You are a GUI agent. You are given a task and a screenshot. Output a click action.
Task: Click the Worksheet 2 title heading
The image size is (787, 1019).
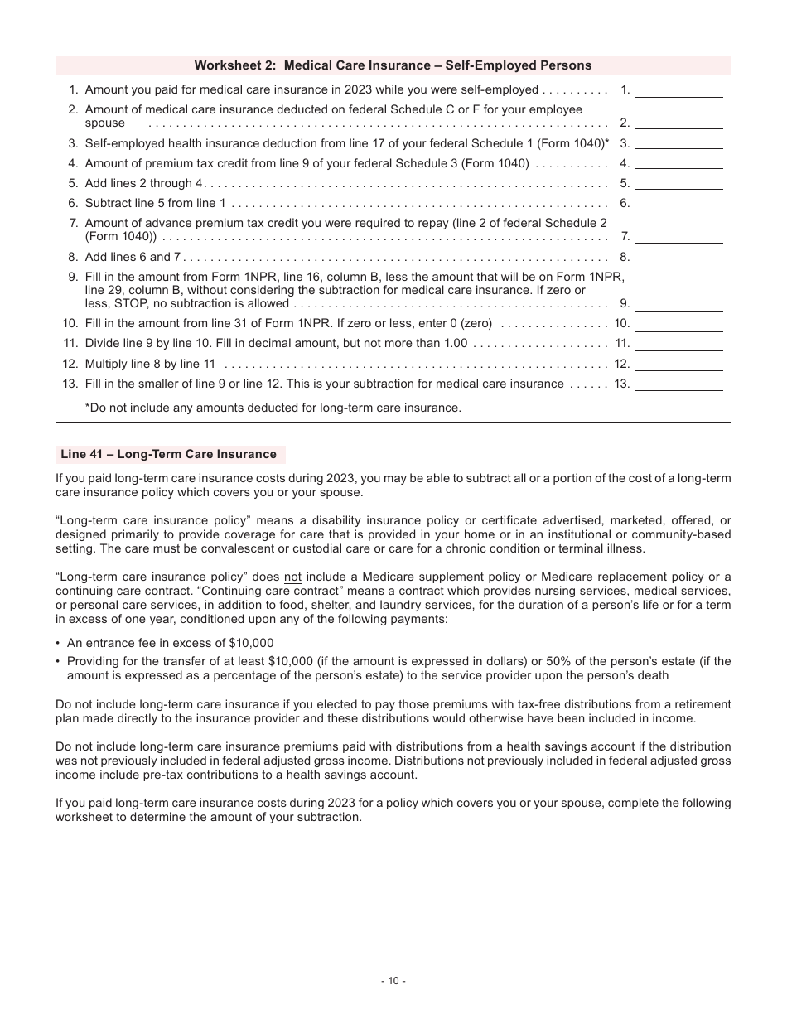point(393,65)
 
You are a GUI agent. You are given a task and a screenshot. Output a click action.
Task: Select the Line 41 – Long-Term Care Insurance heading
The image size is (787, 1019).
point(169,454)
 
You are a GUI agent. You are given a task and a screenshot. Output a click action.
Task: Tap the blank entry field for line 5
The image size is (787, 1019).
point(678,183)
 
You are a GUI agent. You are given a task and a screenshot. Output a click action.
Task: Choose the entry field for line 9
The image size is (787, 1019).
point(678,303)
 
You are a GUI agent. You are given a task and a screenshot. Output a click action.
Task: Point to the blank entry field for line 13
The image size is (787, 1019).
point(678,384)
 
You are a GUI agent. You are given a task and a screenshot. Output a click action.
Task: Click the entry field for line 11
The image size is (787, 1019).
point(678,343)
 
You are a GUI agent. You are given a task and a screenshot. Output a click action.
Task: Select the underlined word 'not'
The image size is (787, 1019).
point(292,577)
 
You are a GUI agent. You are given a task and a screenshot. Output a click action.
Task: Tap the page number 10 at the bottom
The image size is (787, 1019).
point(393,981)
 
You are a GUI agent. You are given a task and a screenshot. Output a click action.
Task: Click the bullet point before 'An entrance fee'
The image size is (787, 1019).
point(58,644)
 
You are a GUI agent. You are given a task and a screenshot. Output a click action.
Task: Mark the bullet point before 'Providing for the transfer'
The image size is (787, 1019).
point(58,661)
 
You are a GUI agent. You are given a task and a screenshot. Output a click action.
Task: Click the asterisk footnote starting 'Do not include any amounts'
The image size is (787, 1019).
point(273,408)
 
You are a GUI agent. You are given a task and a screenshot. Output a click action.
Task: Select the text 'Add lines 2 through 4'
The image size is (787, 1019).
point(144,183)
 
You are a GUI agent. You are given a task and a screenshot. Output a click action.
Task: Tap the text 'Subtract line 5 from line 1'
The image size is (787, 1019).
point(155,203)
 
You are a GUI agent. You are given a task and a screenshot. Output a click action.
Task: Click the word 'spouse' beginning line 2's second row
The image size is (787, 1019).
point(104,123)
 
